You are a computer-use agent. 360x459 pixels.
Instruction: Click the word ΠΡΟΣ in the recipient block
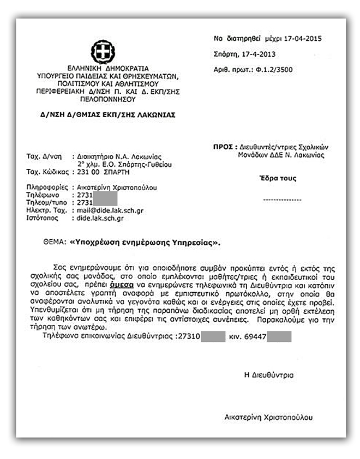tap(224, 147)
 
